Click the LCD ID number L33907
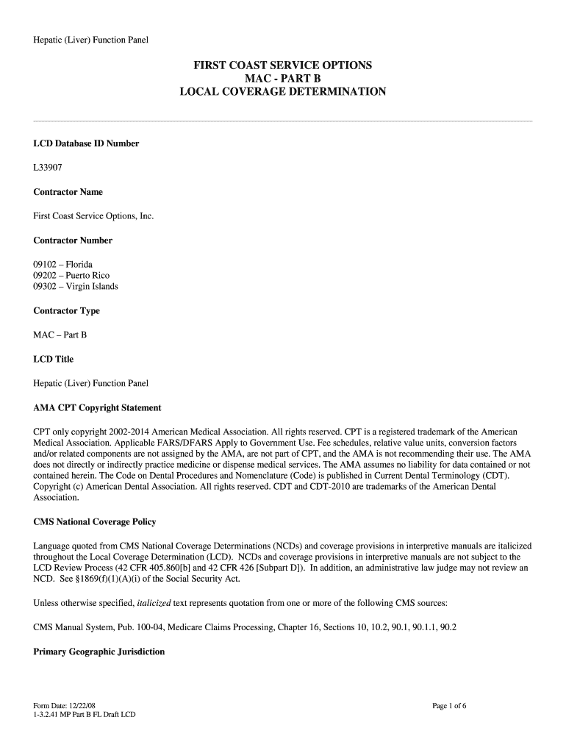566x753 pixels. click(48, 168)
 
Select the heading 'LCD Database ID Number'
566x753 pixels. click(86, 143)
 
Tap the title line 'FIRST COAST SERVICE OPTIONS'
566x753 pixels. click(282, 65)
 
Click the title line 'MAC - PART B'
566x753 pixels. click(282, 79)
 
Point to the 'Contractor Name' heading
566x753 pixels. click(68, 192)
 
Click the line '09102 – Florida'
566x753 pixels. click(63, 264)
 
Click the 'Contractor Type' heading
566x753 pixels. click(67, 310)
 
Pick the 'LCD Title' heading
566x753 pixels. click(54, 359)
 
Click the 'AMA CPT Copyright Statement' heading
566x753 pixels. click(97, 407)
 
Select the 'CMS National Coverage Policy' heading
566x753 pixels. click(95, 522)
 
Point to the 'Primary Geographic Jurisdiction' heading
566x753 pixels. click(99, 652)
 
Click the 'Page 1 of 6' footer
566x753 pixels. click(450, 706)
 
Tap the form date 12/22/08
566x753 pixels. click(76, 706)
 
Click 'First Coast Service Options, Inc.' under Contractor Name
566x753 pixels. click(93, 216)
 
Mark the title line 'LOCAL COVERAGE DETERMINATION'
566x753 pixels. click(282, 92)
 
